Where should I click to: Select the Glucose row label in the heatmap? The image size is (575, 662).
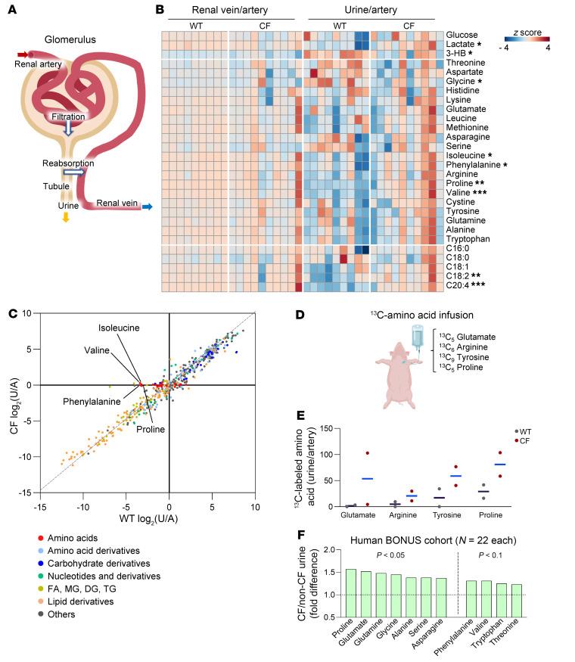coord(461,36)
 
